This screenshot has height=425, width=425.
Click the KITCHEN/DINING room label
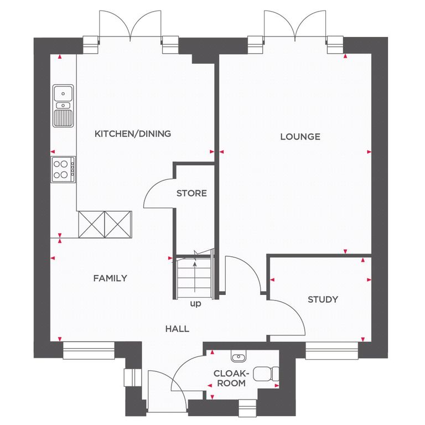pyautogui.click(x=133, y=133)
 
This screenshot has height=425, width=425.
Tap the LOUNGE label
pyautogui.click(x=300, y=137)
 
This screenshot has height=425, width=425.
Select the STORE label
pyautogui.click(x=191, y=193)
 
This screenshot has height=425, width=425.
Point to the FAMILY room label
pyautogui.click(x=110, y=278)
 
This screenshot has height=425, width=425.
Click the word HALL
pyautogui.click(x=177, y=329)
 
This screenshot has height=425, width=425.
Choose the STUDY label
pyautogui.click(x=323, y=299)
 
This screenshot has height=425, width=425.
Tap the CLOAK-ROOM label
pyautogui.click(x=231, y=379)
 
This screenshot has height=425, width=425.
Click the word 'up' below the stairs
pyautogui.click(x=195, y=304)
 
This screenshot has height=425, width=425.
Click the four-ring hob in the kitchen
pyautogui.click(x=63, y=169)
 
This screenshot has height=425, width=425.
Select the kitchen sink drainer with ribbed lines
pyautogui.click(x=63, y=118)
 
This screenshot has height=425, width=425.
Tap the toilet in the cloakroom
pyautogui.click(x=266, y=374)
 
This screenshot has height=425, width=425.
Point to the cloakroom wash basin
pyautogui.click(x=239, y=356)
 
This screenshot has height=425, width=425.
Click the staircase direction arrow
pyautogui.click(x=195, y=277)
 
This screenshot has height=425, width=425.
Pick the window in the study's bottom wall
pyautogui.click(x=332, y=350)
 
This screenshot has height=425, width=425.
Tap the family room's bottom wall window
pyautogui.click(x=89, y=350)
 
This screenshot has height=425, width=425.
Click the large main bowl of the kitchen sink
pyautogui.click(x=63, y=93)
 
